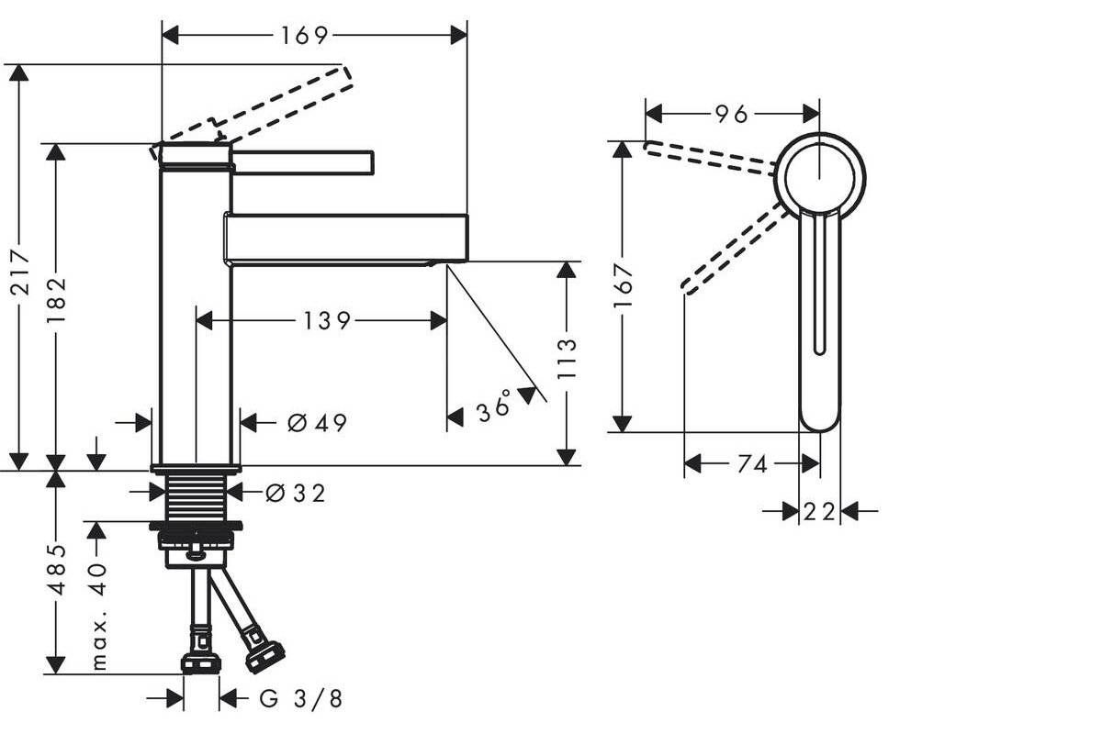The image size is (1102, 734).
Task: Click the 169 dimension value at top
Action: coord(304,36)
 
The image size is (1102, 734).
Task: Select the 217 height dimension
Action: coord(20,272)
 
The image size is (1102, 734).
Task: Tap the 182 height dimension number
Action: coord(56,300)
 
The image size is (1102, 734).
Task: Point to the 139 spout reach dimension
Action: coord(327,321)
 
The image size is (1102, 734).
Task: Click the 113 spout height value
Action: coord(567,359)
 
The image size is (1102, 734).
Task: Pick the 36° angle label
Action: coord(493,406)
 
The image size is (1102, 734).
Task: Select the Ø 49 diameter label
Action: coord(318,423)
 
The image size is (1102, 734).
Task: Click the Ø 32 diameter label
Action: coord(295,493)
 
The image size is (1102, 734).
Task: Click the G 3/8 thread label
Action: coord(300,698)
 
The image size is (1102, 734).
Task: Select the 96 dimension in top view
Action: coord(732,115)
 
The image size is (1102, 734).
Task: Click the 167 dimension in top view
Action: coord(623,286)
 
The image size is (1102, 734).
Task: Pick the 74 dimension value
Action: coord(752,464)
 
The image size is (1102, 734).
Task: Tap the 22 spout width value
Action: coord(819,512)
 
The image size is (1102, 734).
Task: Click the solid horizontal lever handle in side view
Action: coord(302,162)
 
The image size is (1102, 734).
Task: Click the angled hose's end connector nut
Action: coord(264,656)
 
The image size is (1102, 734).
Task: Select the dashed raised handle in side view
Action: coord(252,113)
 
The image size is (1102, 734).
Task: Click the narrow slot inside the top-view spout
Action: coord(819,284)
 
